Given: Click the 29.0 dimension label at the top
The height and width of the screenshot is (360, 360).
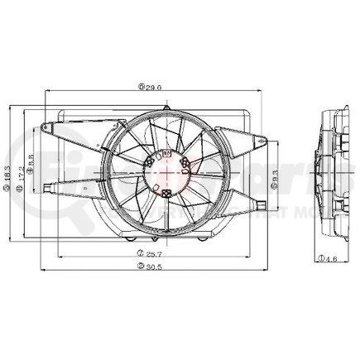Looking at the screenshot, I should [x=153, y=85].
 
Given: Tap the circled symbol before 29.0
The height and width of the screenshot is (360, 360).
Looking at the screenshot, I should [x=142, y=85].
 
